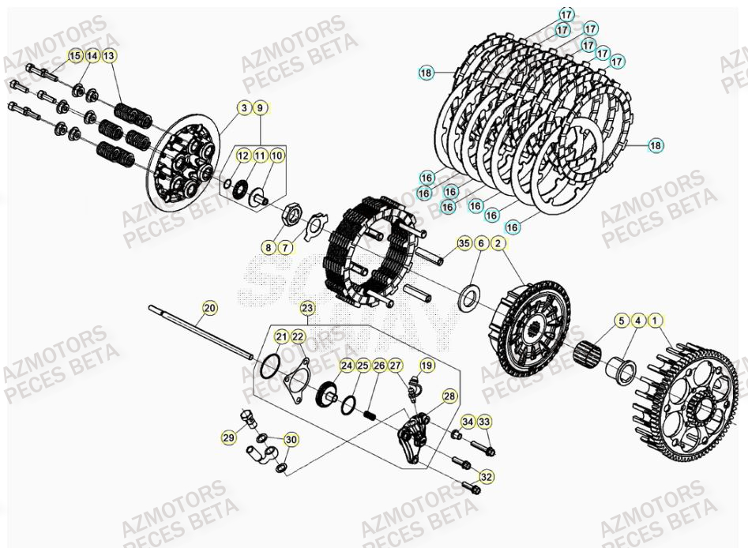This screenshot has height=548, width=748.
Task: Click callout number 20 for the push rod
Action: coord(209,307)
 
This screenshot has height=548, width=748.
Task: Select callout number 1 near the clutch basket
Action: coord(655,321)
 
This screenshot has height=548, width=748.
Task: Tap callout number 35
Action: coord(464,244)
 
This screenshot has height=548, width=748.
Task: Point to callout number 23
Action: coord(306,307)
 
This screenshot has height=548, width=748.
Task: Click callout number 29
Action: coord(228,438)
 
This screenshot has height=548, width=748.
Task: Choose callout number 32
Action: coord(486,477)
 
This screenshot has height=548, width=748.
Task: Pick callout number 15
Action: coord(75,56)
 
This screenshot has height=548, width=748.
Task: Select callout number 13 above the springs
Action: coord(109,56)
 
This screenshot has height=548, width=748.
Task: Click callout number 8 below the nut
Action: coord(269,248)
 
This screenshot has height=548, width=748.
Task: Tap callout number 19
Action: coord(427,365)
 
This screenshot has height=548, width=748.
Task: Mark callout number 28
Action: coord(449,396)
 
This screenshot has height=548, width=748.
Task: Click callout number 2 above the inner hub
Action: coord(498,244)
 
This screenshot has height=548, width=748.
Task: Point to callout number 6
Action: coord(480,244)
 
